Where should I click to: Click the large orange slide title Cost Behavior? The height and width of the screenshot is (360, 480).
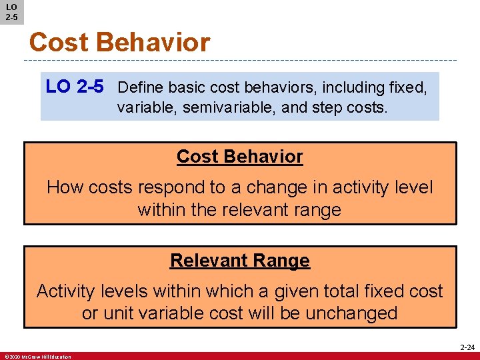(119, 43)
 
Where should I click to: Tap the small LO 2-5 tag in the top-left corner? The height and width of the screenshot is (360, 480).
(11, 11)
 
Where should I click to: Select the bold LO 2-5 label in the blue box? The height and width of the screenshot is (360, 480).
(75, 87)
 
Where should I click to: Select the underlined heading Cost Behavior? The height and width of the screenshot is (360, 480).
(239, 157)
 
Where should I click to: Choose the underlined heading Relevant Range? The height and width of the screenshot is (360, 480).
(239, 260)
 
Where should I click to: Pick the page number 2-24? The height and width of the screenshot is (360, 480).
(466, 347)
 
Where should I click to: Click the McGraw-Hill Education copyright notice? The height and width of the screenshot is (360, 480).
(37, 357)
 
